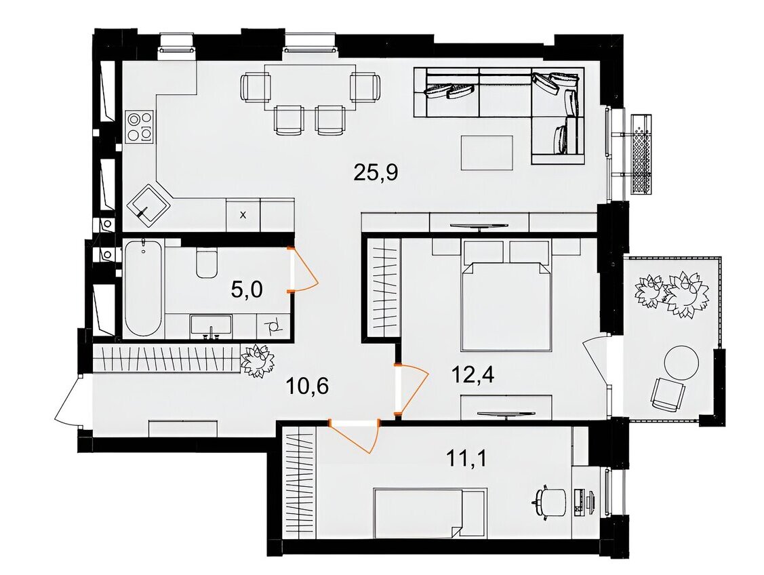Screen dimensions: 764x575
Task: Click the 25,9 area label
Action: [x=376, y=172]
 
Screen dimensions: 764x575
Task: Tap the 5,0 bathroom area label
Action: [x=247, y=290]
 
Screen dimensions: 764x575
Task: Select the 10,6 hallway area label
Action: [x=308, y=386]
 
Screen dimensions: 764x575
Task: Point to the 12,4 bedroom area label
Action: [x=473, y=375]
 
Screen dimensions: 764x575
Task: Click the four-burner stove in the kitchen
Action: [x=140, y=126]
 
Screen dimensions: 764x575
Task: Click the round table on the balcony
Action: [x=682, y=363]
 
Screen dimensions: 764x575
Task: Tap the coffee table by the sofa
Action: [x=487, y=153]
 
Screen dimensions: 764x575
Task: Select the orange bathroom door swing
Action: [x=303, y=270]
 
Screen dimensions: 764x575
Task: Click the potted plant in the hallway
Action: [x=258, y=359]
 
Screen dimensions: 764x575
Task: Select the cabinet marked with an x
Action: [x=243, y=214]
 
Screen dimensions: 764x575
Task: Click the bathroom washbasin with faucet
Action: [x=211, y=326]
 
